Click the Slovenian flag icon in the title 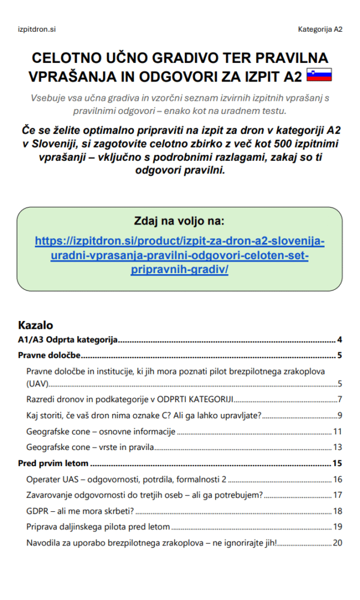pyautogui.click(x=319, y=76)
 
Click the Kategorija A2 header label pyautogui.click(x=320, y=29)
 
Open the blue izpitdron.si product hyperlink pyautogui.click(x=179, y=255)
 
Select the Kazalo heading pyautogui.click(x=36, y=325)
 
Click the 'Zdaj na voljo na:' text pyautogui.click(x=179, y=220)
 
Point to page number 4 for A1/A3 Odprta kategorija pyautogui.click(x=340, y=340)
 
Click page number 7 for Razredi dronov pyautogui.click(x=340, y=399)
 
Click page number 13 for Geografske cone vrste pyautogui.click(x=337, y=447)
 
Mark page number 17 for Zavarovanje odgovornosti pyautogui.click(x=337, y=495)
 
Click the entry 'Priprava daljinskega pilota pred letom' pyautogui.click(x=98, y=527)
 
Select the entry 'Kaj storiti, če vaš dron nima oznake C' pyautogui.click(x=144, y=415)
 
